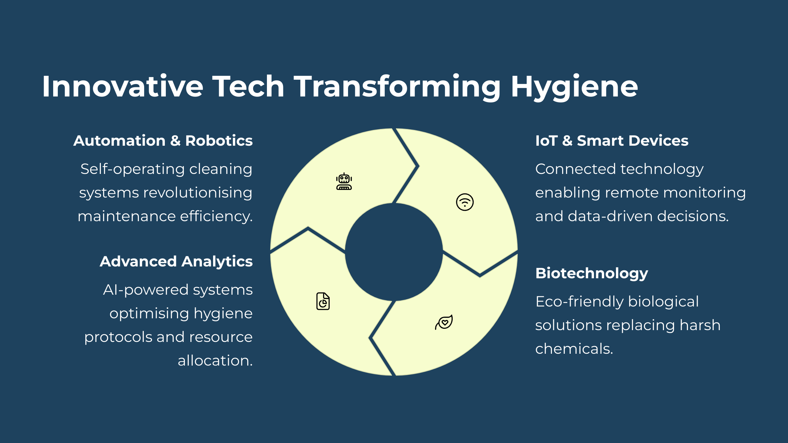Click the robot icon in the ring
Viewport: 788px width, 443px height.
pos(344,181)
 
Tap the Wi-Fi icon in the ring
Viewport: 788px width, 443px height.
pos(465,202)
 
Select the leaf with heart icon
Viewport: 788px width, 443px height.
pos(444,322)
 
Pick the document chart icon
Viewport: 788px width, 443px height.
pos(323,301)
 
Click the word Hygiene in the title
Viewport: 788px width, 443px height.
pos(574,87)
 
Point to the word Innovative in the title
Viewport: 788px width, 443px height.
pos(122,86)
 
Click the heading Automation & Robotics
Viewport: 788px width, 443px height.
pos(163,141)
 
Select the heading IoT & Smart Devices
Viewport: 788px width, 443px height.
pos(612,141)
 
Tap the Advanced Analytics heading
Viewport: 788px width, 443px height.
pos(176,262)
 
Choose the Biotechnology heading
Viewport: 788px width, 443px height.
pos(592,274)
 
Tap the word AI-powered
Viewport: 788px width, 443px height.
pos(146,290)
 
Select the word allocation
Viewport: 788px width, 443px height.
pos(215,361)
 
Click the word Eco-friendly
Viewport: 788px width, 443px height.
pos(579,302)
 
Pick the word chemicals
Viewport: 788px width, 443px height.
pos(574,349)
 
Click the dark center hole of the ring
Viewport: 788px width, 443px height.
pos(394,252)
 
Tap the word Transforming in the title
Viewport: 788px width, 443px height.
pos(397,87)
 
